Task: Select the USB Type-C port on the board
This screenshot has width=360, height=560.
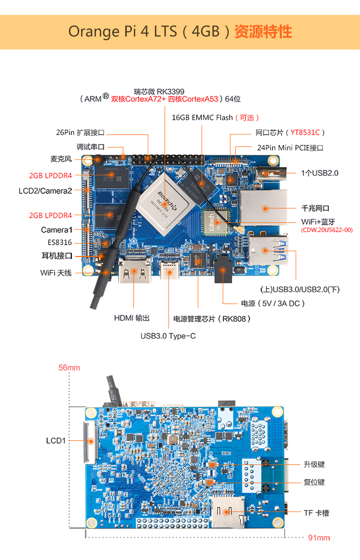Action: pyautogui.click(x=169, y=272)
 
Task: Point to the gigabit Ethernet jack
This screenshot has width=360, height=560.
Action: pyautogui.click(x=264, y=208)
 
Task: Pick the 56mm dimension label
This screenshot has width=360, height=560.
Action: pyautogui.click(x=69, y=368)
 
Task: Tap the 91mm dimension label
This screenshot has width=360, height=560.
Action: pyautogui.click(x=319, y=537)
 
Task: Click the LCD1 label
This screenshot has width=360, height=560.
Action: pyautogui.click(x=56, y=440)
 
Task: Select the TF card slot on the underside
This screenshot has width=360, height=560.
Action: pyautogui.click(x=228, y=512)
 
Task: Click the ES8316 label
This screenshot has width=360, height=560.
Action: pyautogui.click(x=60, y=243)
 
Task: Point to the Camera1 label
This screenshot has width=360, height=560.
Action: pyautogui.click(x=56, y=230)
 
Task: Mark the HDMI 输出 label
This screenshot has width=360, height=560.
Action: pyautogui.click(x=132, y=318)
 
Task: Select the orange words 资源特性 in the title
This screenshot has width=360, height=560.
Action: pyautogui.click(x=263, y=32)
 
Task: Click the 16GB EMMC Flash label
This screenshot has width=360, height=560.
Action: pyautogui.click(x=202, y=118)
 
